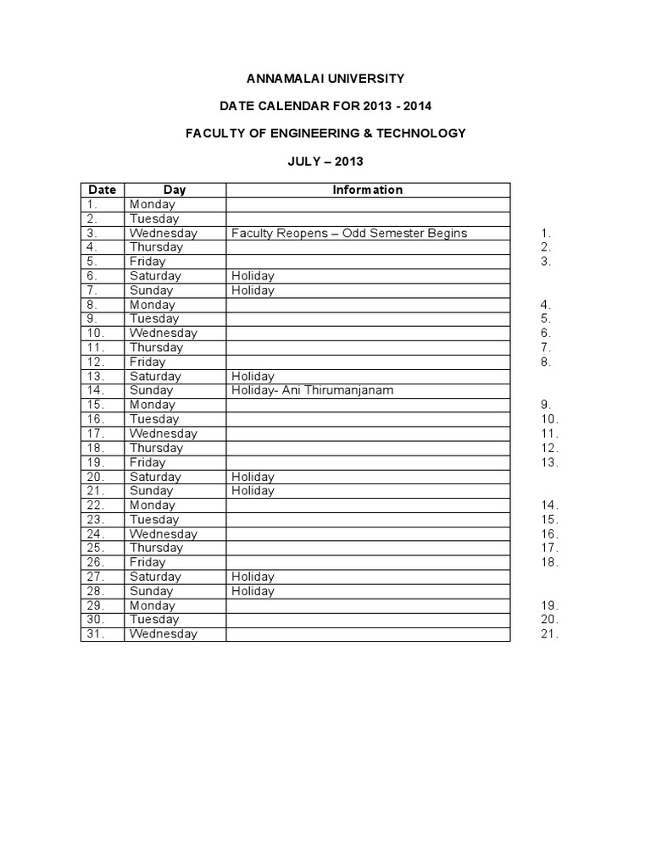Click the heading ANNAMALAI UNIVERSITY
[x=325, y=79]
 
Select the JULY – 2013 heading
[x=325, y=161]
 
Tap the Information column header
[x=367, y=190]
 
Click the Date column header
[x=102, y=190]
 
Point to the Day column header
[x=175, y=190]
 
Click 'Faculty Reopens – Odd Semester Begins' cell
[x=348, y=233]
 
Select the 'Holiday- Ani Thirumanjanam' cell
[x=312, y=390]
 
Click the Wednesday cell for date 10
[x=163, y=333]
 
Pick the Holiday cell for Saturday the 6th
[x=253, y=276]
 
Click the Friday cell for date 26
[x=147, y=562]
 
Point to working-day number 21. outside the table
[x=549, y=634]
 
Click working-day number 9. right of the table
[x=546, y=405]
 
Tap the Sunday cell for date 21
[x=151, y=490]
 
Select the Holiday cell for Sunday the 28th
[x=253, y=591]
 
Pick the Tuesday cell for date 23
[x=154, y=519]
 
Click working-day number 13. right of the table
[x=549, y=462]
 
